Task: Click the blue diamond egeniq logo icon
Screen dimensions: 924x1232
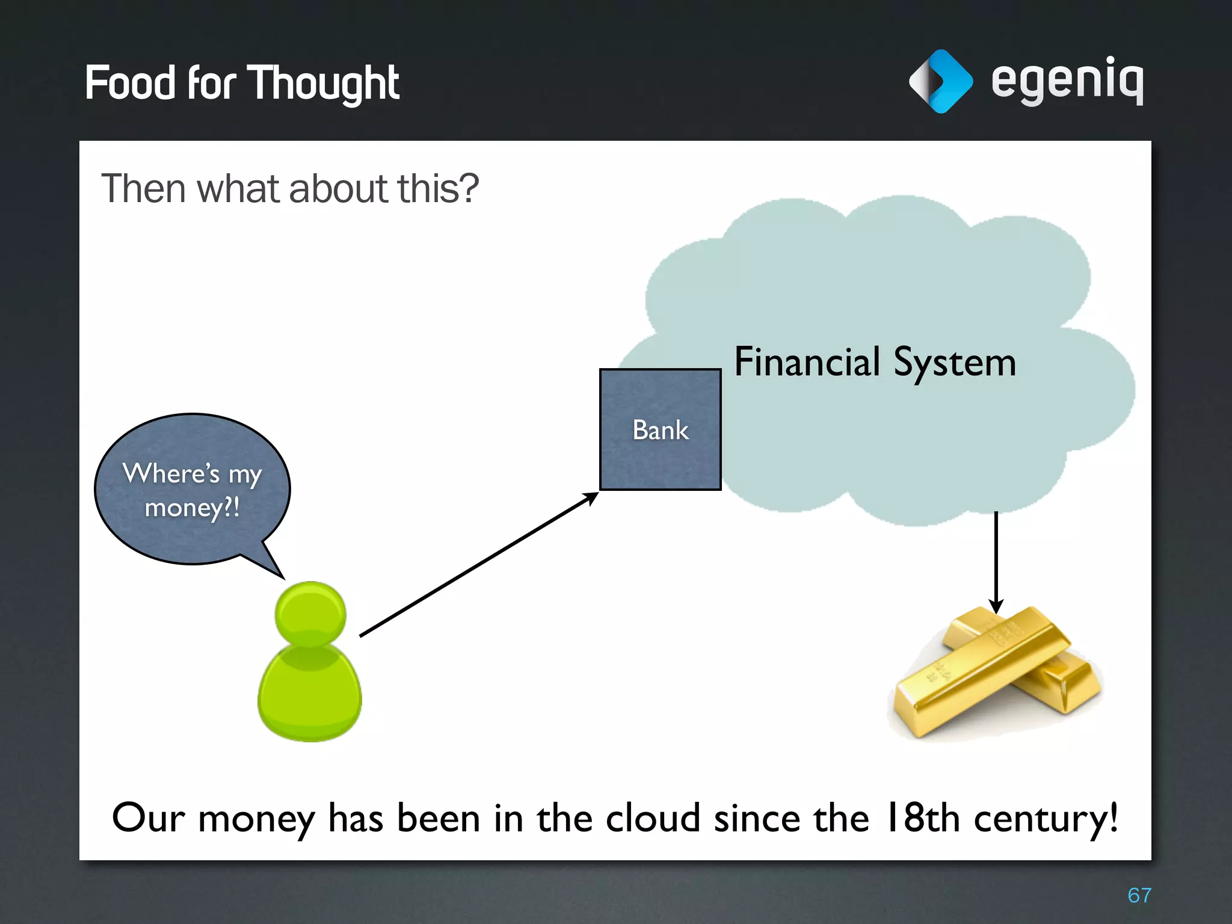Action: click(x=940, y=81)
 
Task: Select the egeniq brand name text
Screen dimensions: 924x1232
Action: click(x=1067, y=80)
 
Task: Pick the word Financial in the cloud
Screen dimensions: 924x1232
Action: click(x=807, y=362)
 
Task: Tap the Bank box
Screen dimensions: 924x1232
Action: click(x=660, y=430)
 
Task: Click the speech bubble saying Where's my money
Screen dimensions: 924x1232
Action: click(x=192, y=488)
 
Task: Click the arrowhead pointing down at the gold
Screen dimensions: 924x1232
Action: click(x=996, y=606)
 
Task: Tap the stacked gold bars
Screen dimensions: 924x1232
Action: click(x=996, y=674)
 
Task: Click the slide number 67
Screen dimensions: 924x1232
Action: click(x=1139, y=895)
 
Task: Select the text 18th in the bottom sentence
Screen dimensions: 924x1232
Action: click(x=922, y=818)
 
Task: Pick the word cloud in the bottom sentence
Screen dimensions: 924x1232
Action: click(x=653, y=818)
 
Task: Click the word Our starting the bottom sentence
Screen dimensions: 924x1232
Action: click(x=148, y=818)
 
